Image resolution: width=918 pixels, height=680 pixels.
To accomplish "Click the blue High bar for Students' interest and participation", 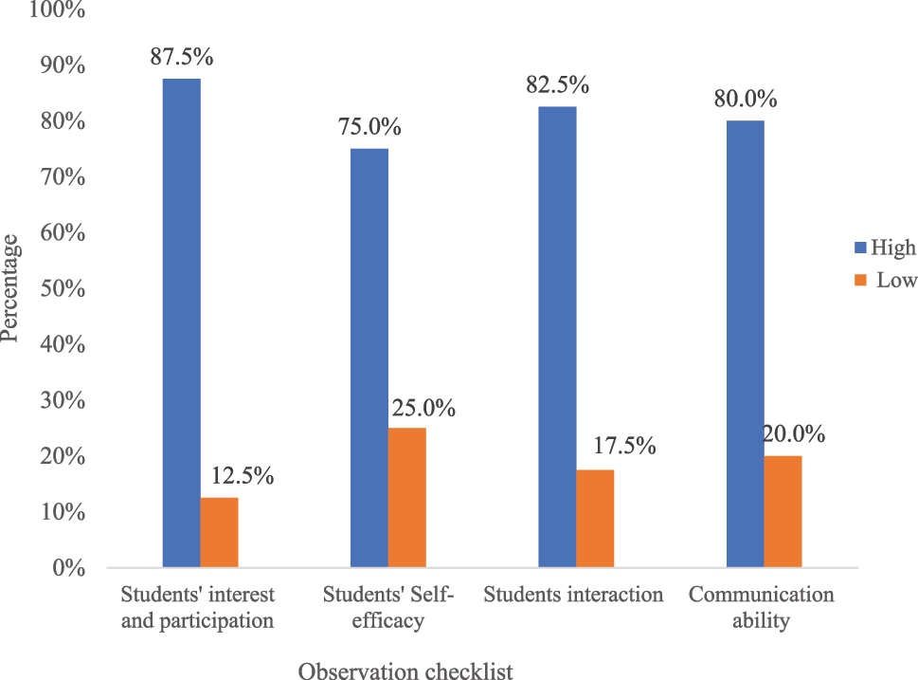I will pos(181,322).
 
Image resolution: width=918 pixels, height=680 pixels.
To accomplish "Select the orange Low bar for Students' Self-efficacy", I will pos(406,497).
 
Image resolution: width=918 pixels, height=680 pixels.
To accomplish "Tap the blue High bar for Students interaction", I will pos(557,337).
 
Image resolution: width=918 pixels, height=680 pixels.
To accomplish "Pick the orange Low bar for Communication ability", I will pos(782,511).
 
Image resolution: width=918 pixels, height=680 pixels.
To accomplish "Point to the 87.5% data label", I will pos(182,56).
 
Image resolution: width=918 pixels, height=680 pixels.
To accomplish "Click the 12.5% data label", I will pos(243,475).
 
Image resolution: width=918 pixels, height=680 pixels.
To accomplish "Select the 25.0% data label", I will pos(423,409).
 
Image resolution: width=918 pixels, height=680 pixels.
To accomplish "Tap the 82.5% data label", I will pos(558,84).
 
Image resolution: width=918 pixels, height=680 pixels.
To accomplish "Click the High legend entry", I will pos(885,248).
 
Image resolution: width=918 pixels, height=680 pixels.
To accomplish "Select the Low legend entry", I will pos(885,280).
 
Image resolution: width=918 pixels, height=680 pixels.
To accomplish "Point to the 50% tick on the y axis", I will pos(62,289).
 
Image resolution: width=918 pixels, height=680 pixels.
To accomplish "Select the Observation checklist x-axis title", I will pos(405,671).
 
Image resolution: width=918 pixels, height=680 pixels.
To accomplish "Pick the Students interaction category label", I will pos(573,596).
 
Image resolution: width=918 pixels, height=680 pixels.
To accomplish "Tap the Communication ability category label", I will pos(762,608).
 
